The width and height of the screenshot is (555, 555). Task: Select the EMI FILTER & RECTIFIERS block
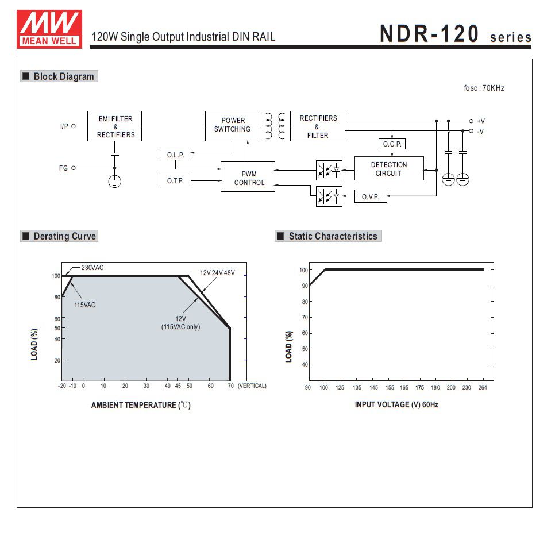115,126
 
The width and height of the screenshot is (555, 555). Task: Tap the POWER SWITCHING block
233,125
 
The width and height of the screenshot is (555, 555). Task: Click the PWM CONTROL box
248,178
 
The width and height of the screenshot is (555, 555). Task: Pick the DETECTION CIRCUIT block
389,169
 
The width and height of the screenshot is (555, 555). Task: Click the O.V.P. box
371,196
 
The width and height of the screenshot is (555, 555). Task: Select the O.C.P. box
392,144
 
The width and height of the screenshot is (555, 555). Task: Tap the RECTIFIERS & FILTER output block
318,126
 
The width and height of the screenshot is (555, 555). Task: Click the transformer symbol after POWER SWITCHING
275,126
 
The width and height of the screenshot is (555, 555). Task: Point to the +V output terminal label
481,121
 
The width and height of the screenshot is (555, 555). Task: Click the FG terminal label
63,168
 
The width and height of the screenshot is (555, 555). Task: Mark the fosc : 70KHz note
484,88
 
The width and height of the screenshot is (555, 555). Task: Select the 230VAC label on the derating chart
92,268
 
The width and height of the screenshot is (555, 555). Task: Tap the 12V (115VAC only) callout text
180,323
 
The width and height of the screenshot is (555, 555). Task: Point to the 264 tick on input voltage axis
483,388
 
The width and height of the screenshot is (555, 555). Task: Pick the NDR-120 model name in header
429,34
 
